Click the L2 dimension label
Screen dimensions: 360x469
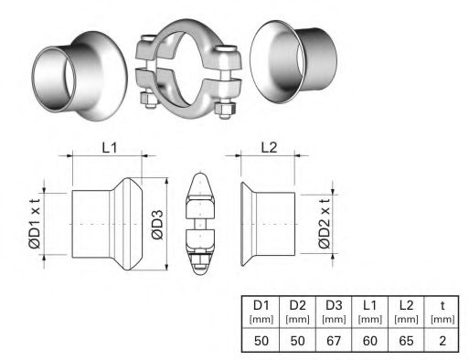271,146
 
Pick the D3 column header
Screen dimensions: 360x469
335,304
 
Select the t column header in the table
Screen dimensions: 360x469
443,304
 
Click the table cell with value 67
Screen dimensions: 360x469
335,341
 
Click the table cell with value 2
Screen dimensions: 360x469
443,341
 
